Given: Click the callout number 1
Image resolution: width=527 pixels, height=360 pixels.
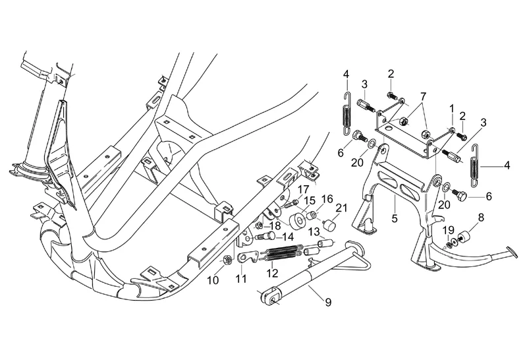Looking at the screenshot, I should pyautogui.click(x=452, y=107).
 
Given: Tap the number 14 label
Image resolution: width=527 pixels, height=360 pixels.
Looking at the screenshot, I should pyautogui.click(x=288, y=236).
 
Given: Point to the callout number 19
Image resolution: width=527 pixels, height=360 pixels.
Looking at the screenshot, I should pyautogui.click(x=449, y=230).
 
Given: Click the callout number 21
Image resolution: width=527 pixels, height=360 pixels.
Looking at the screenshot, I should pyautogui.click(x=341, y=209).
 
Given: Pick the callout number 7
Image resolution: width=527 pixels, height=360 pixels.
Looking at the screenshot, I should pyautogui.click(x=423, y=96).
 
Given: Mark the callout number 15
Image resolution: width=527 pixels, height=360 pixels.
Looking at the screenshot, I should pyautogui.click(x=309, y=199).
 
